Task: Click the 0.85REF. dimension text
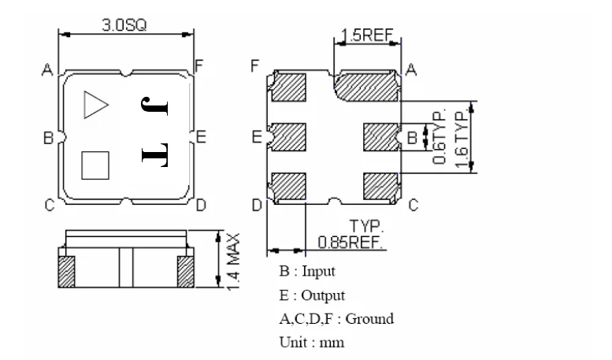pyautogui.click(x=351, y=241)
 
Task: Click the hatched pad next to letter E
pyautogui.click(x=290, y=137)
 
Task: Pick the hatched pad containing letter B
pyautogui.click(x=383, y=137)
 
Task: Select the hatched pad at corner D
pyautogui.click(x=289, y=186)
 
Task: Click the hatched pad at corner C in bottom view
pyautogui.click(x=382, y=186)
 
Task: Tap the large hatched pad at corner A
pyautogui.click(x=367, y=86)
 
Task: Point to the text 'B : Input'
pyautogui.click(x=306, y=272)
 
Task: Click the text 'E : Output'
pyautogui.click(x=311, y=295)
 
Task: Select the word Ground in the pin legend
pyautogui.click(x=369, y=319)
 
